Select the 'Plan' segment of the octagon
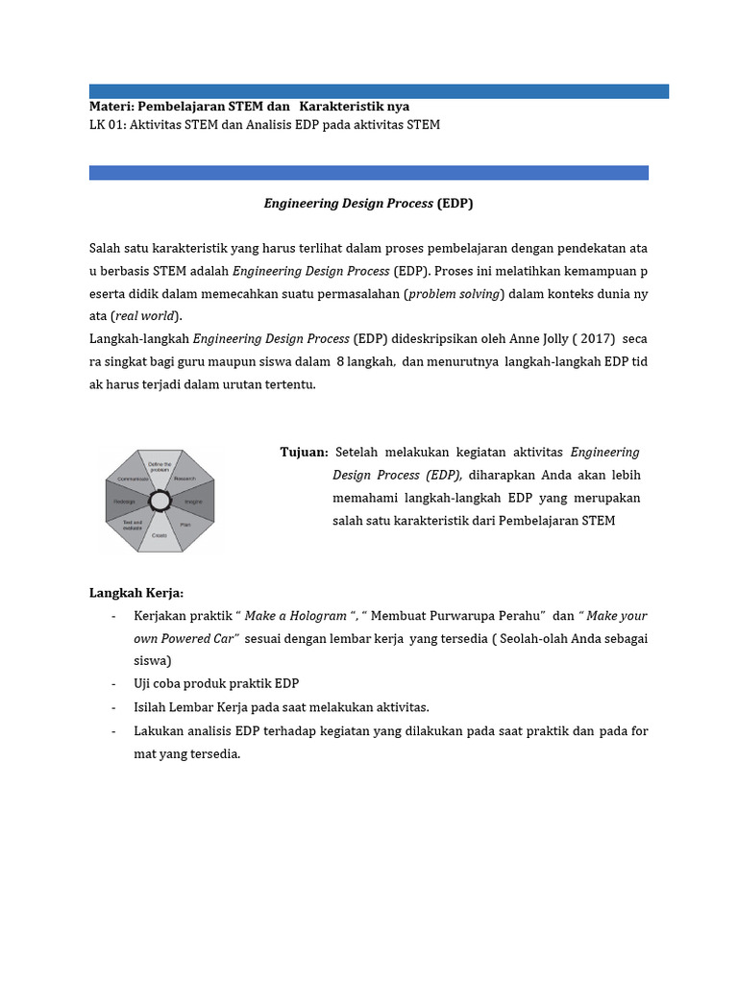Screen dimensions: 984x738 [184, 525]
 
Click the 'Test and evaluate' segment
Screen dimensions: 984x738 [133, 526]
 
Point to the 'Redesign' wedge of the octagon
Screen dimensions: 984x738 [125, 502]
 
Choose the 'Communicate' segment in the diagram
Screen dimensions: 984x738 [134, 478]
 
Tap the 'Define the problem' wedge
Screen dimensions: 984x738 [160, 467]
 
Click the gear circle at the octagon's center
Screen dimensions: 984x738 [160, 501]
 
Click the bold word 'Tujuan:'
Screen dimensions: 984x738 [304, 453]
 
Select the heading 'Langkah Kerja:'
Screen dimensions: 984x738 [135, 593]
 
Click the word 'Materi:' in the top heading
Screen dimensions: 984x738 [111, 106]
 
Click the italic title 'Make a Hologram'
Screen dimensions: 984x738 [300, 616]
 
